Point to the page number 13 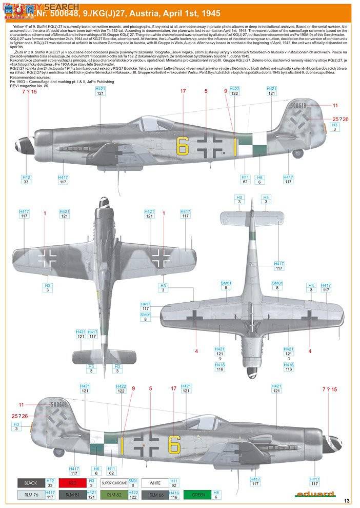point(347,500)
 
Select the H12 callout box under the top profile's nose point(26,179)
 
